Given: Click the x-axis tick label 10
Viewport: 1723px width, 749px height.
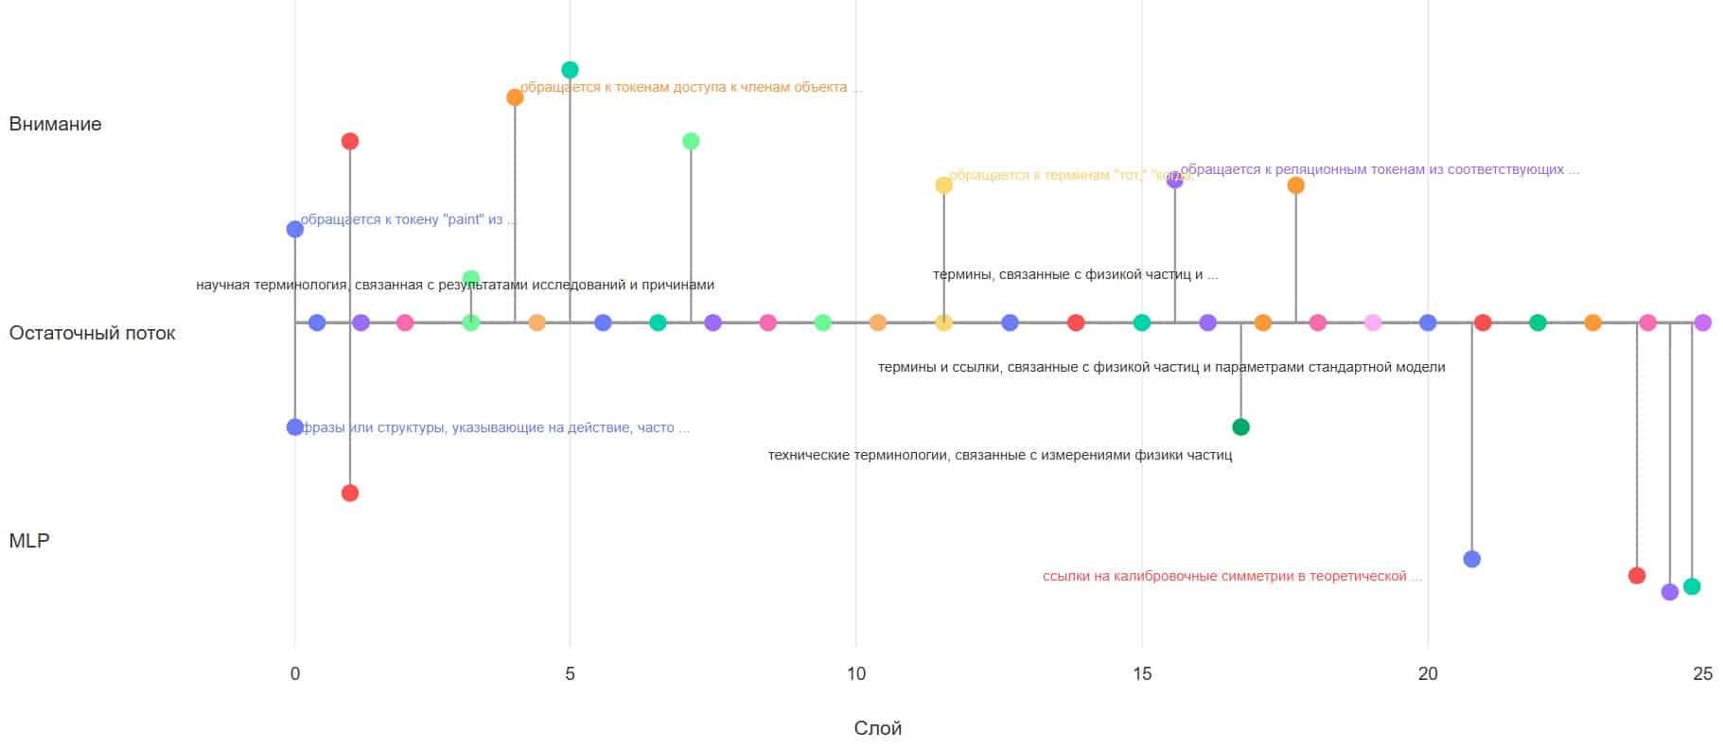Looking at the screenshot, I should click(855, 673).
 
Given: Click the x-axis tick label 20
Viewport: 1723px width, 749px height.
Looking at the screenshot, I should click(1427, 673).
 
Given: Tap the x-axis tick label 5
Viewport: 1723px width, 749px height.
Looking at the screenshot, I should click(570, 673).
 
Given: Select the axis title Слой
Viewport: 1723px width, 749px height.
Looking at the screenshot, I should click(877, 728).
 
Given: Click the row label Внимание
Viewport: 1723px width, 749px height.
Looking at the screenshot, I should click(55, 124).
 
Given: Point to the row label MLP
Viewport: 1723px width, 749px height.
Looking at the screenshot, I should click(28, 541).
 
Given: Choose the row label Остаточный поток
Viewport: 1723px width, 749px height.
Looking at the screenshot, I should click(92, 333).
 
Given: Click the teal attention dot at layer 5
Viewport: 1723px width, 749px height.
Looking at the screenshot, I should click(570, 70).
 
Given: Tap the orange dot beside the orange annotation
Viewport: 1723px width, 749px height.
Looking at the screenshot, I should click(515, 97).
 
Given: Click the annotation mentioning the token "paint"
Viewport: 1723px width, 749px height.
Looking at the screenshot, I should click(408, 219).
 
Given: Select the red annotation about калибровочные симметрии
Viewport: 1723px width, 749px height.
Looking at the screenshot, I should click(1231, 576).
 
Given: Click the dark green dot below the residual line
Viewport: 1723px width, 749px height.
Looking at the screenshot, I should click(1240, 427).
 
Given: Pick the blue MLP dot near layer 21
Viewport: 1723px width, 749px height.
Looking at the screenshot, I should click(1471, 559).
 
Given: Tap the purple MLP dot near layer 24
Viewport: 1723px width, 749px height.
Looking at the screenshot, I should click(1669, 592).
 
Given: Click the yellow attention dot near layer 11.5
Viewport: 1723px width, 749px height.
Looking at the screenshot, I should click(943, 185).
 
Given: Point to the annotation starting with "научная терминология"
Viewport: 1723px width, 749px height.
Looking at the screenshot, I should click(454, 285).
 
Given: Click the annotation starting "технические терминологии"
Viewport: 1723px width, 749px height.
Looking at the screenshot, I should click(999, 455).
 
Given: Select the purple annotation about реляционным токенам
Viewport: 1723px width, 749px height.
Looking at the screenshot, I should click(1380, 170).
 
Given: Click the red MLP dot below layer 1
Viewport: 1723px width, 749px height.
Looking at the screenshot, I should click(350, 493).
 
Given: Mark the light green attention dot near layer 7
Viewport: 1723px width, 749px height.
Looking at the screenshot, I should click(691, 142).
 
